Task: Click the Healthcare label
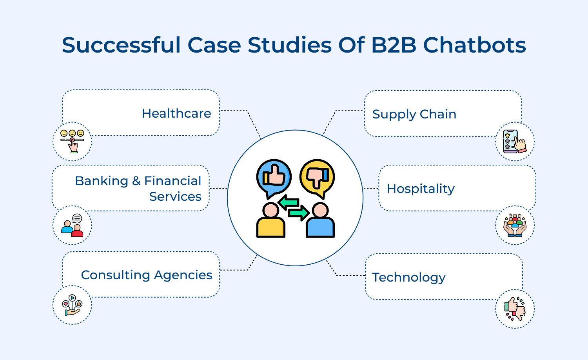click(x=176, y=113)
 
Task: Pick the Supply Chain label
click(x=414, y=114)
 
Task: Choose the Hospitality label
click(x=421, y=189)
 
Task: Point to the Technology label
click(x=409, y=277)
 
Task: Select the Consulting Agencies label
click(x=147, y=275)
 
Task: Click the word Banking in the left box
click(x=101, y=181)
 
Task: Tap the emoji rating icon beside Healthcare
click(x=72, y=141)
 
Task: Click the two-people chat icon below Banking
click(x=72, y=225)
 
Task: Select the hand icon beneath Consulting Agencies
click(x=72, y=305)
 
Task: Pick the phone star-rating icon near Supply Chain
click(x=515, y=141)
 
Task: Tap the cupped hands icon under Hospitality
click(x=515, y=225)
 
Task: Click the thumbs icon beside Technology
click(x=515, y=309)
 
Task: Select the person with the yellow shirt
click(x=270, y=221)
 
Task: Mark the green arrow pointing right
click(x=299, y=213)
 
